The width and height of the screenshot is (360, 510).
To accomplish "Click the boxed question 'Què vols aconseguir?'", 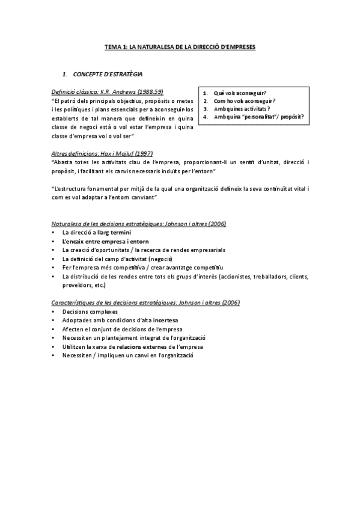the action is (241, 94).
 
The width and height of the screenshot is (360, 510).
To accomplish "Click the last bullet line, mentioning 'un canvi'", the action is (127, 355).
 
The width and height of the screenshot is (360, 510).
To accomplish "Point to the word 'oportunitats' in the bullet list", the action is (120, 250).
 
